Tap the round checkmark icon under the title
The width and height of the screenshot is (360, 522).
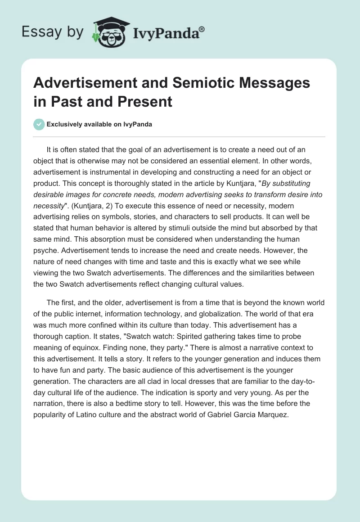[x=40, y=124]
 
